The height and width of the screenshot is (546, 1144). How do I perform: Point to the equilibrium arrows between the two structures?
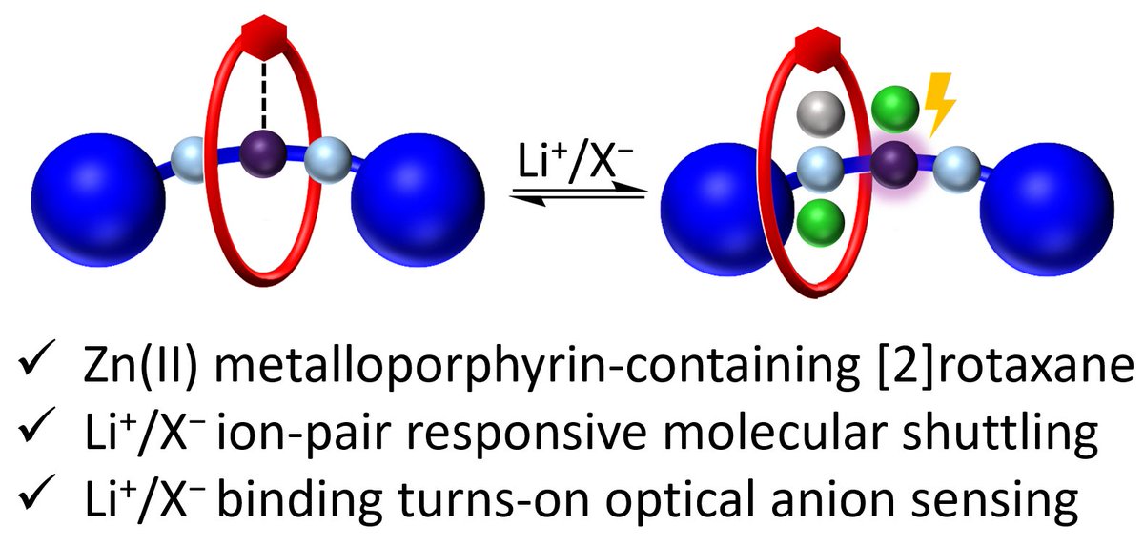pyautogui.click(x=581, y=191)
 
